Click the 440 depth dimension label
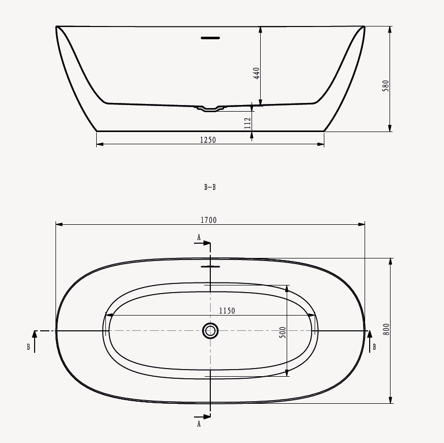(x=256, y=73)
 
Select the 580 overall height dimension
(x=385, y=86)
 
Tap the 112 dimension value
(x=247, y=123)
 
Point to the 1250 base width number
(x=208, y=140)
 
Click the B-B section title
(x=210, y=187)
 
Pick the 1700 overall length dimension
(x=209, y=220)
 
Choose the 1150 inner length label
(x=227, y=311)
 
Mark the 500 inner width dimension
(x=283, y=332)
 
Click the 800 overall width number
(x=386, y=329)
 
